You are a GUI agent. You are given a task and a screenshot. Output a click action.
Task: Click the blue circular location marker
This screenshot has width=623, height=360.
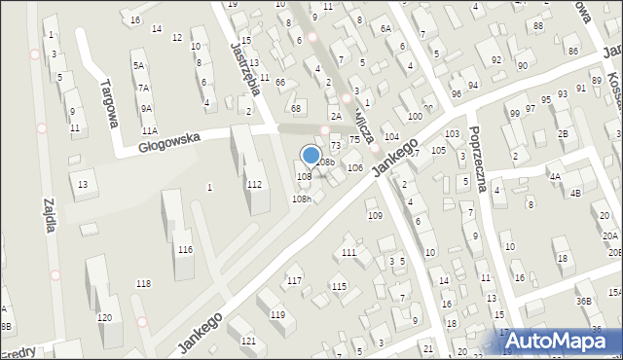(x=311, y=155)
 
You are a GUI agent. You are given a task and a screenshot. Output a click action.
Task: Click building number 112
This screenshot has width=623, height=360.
(x=254, y=184)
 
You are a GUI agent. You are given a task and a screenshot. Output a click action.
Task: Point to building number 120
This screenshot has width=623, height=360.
(x=104, y=317)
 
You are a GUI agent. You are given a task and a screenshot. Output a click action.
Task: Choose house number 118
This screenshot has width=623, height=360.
(x=143, y=283)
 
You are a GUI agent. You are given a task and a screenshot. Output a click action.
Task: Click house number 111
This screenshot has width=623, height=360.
(x=348, y=252)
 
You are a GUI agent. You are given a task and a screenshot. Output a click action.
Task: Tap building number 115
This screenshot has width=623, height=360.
(x=339, y=286)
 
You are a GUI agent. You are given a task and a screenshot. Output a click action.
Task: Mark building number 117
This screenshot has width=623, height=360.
(x=293, y=281)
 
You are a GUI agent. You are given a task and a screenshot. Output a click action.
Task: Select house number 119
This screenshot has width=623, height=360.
(x=277, y=314)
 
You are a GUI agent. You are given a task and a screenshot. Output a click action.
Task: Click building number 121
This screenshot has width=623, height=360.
(x=248, y=341)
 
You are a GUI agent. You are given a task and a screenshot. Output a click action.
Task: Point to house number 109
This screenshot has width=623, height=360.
(x=375, y=215)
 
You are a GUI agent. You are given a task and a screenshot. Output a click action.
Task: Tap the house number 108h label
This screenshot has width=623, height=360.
(x=302, y=198)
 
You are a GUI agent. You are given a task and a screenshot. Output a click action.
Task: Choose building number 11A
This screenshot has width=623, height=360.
(x=149, y=129)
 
